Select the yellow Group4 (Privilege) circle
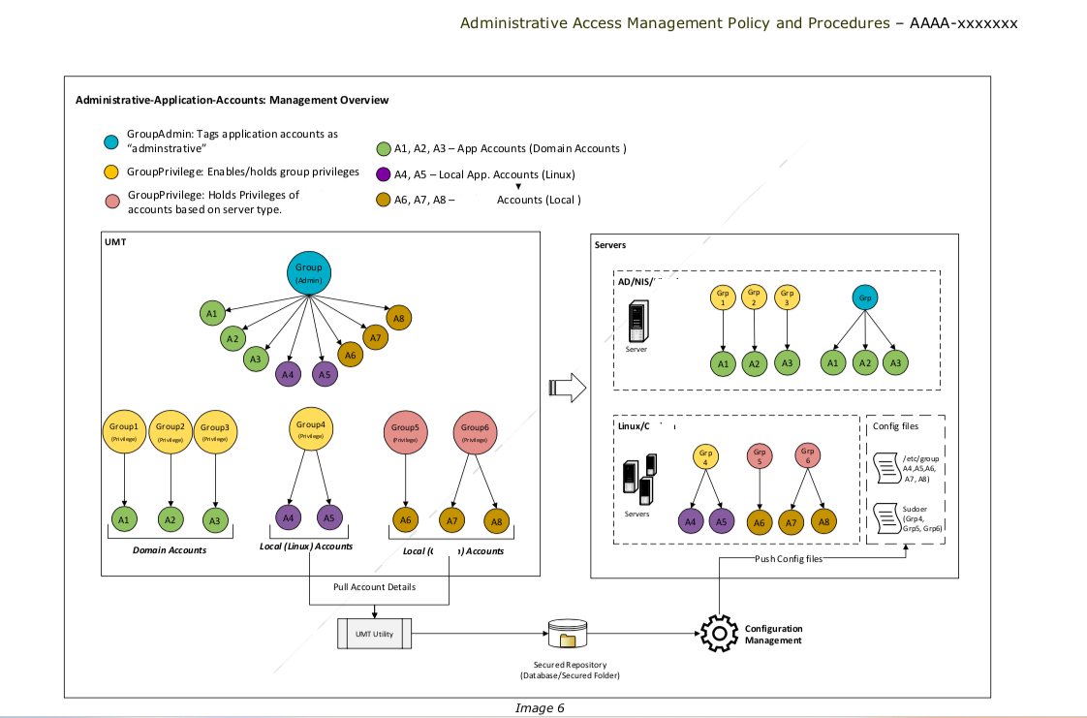(310, 429)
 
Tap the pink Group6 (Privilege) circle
(475, 432)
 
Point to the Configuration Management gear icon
(718, 634)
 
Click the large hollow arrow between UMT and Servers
(568, 388)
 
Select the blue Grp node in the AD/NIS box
(864, 298)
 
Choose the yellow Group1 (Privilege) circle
(124, 431)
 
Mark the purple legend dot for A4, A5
(383, 175)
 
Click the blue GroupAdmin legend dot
(111, 142)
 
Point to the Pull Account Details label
(374, 587)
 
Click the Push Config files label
(789, 560)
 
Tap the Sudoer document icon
(885, 516)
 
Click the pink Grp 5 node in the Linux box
(760, 456)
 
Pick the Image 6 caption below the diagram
(540, 708)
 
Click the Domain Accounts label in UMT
(171, 550)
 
